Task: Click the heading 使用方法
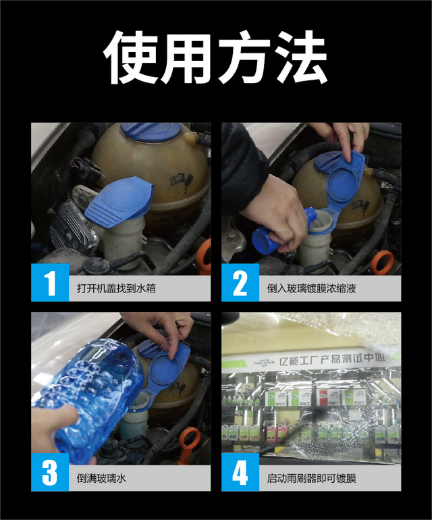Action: coord(215,57)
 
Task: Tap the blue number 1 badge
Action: coord(50,282)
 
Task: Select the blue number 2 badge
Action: coord(240,282)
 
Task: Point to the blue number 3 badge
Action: coord(50,472)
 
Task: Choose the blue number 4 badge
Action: coord(240,472)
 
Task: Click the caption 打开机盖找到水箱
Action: coord(116,288)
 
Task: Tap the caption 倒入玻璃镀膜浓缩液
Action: coord(311,288)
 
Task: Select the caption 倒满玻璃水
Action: coord(101,478)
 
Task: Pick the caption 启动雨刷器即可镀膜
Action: coord(311,479)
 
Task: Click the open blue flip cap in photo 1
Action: coord(119,202)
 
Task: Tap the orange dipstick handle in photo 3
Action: coord(188,444)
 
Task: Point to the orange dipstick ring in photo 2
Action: coord(382,263)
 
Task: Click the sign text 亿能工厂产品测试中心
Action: coord(331,359)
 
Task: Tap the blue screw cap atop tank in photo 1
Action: coord(151,131)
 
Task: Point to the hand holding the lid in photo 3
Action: coord(159,332)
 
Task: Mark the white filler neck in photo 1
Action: coord(124,242)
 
